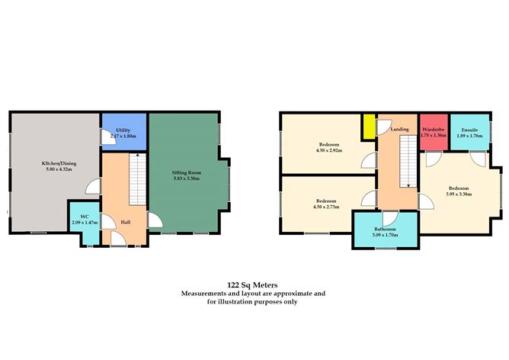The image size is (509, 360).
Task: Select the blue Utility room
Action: coord(123,133)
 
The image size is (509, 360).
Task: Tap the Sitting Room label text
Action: coord(186,173)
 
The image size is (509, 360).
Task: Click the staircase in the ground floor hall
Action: coord(137,179)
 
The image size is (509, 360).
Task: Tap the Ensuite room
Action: coord(469,133)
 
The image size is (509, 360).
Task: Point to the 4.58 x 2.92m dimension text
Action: coord(329,150)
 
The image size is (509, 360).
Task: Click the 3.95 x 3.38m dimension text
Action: coord(459,194)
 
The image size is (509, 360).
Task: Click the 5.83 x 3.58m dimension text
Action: coord(186,179)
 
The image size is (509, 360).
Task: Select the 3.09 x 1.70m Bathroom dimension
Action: coord(385,236)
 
